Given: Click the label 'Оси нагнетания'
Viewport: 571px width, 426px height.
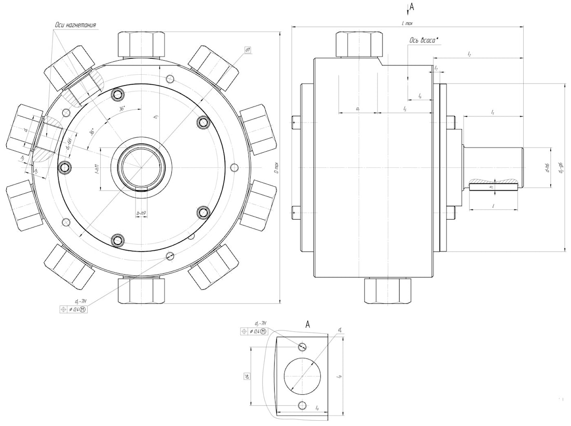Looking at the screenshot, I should coord(75,25).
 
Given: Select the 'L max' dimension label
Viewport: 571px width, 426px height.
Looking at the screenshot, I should coord(407,23).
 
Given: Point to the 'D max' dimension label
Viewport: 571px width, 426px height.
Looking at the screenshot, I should coord(277,167).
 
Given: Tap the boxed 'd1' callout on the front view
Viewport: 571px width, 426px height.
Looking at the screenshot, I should coord(248,50).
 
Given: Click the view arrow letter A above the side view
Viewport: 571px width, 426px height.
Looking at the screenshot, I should coord(412,7).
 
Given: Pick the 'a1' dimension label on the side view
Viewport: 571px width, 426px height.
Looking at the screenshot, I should coord(358,109).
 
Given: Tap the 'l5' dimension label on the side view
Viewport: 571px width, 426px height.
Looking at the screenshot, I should coord(404,109).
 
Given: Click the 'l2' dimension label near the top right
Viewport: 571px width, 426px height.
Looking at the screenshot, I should coord(469,54).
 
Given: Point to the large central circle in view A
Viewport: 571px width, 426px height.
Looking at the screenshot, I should coord(303,375).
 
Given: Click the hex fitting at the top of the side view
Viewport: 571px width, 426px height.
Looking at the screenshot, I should coord(359,44).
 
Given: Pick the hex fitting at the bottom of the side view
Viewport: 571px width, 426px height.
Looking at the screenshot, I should coord(388,290).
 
